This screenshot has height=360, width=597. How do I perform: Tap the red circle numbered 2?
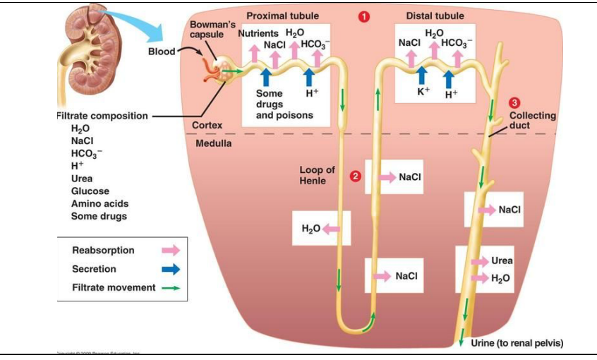click(x=356, y=176)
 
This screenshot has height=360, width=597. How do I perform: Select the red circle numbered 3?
click(x=514, y=103)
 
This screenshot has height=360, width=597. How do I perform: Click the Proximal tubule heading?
click(x=282, y=16)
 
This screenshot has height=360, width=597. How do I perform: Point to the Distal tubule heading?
click(x=435, y=16)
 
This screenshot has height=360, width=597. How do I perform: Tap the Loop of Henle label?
click(x=317, y=176)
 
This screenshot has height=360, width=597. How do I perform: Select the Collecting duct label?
click(x=532, y=121)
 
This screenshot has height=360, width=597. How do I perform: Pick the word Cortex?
click(x=207, y=125)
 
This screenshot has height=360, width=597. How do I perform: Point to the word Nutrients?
click(x=258, y=34)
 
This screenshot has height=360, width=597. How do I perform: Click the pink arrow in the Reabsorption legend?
click(x=171, y=251)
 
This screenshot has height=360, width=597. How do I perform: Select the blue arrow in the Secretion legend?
click(x=171, y=269)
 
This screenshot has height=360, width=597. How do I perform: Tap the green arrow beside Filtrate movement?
click(x=171, y=288)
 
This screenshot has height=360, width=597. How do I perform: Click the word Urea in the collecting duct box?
click(x=502, y=260)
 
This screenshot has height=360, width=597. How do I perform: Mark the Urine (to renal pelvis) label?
click(x=517, y=344)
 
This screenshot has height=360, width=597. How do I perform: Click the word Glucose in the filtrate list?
click(x=90, y=191)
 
